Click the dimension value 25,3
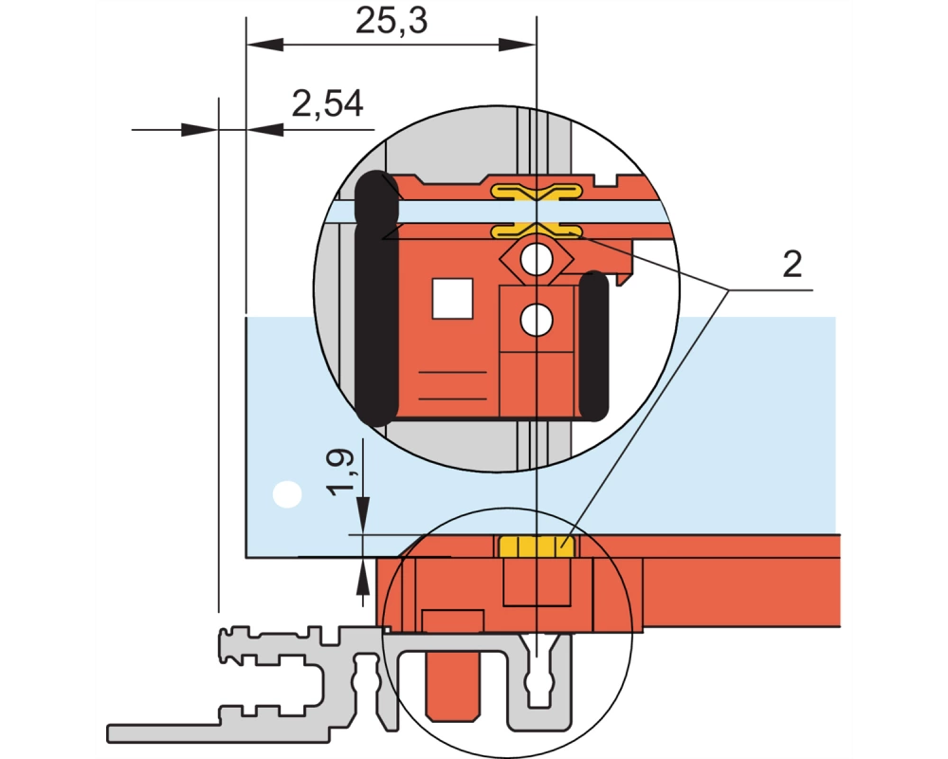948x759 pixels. (x=392, y=21)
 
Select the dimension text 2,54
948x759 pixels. (x=328, y=104)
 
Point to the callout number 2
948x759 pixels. (x=792, y=265)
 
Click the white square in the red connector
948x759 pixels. (x=452, y=299)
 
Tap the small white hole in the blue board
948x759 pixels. (x=287, y=494)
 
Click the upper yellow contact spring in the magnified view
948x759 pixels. (x=537, y=193)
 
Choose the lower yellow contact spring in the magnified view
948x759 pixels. (x=537, y=231)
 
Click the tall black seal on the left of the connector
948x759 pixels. (x=376, y=299)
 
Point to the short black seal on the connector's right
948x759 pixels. (x=593, y=346)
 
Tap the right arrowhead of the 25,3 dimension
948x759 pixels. (x=518, y=45)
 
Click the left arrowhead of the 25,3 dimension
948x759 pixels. (x=264, y=45)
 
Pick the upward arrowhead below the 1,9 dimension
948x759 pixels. (x=363, y=576)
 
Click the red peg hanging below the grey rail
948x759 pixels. (x=453, y=686)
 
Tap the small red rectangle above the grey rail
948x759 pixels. (x=453, y=621)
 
